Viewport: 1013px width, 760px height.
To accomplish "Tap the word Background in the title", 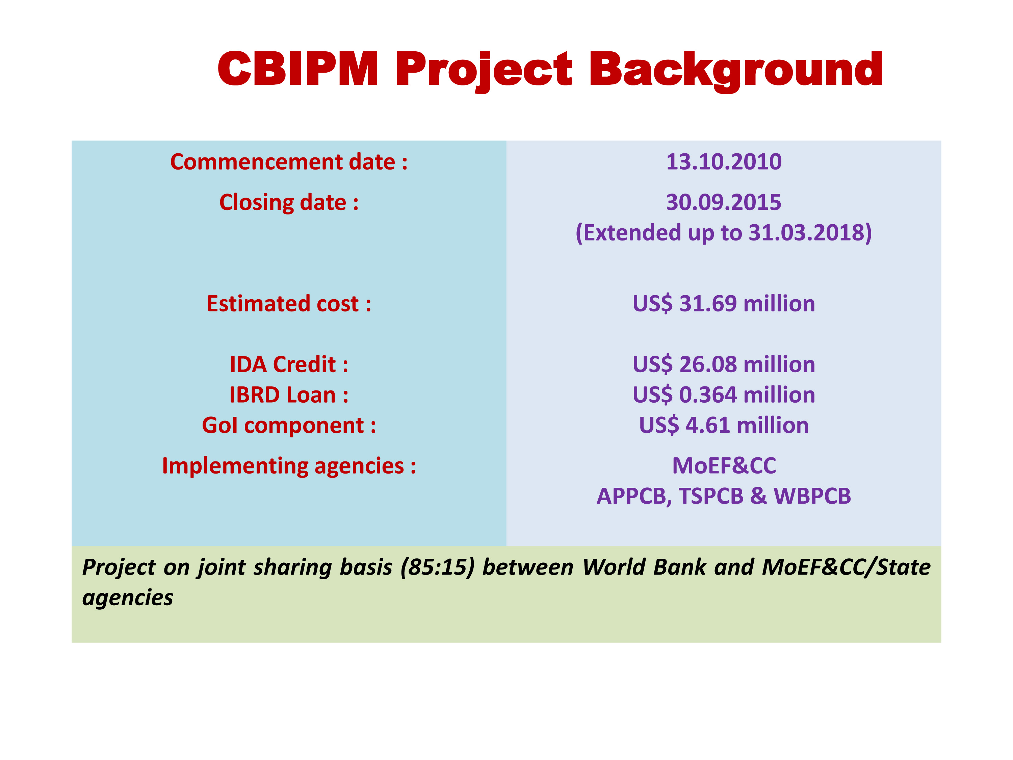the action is [736, 71].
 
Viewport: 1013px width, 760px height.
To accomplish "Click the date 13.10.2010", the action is [724, 162].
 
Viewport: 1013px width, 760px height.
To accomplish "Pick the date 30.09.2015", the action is [724, 202].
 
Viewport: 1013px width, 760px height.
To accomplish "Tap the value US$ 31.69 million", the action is [724, 304].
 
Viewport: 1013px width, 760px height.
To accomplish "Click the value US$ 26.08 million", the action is [724, 365].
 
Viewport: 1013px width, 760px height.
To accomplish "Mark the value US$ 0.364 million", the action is [724, 395].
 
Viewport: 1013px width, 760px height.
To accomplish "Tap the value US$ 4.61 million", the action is [724, 426].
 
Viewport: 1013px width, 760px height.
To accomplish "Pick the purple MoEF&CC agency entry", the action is [724, 466].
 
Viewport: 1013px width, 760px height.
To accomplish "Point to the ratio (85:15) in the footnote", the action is [437, 567].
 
